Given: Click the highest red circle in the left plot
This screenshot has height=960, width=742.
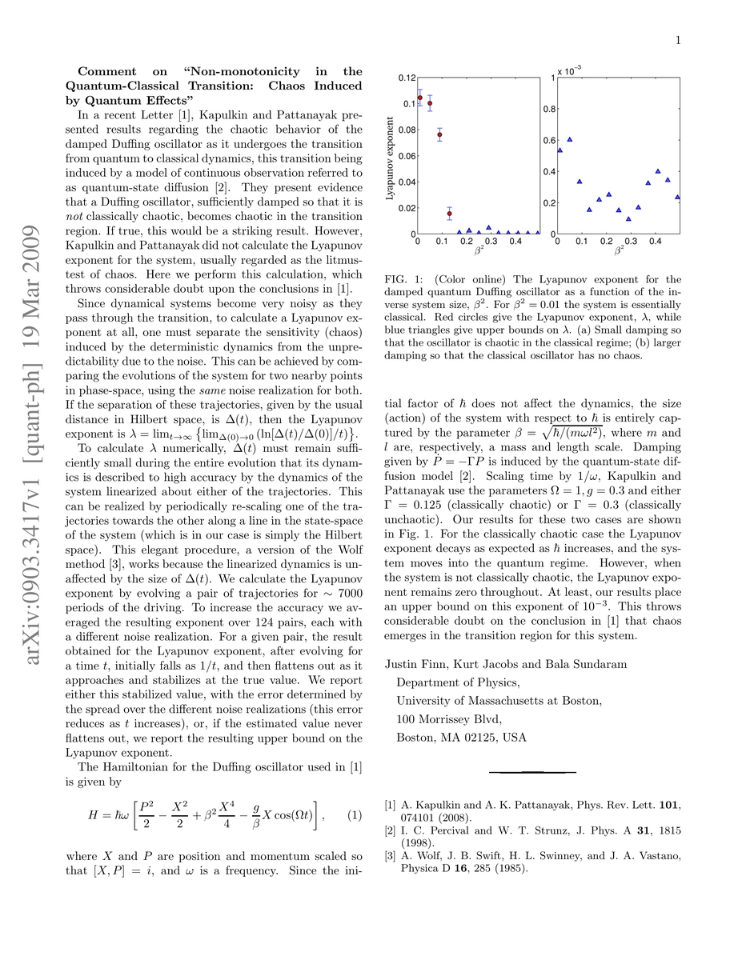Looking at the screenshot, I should [x=419, y=98].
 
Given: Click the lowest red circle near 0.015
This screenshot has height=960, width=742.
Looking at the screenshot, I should [x=449, y=214].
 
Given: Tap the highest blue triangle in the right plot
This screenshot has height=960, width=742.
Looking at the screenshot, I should [x=569, y=139].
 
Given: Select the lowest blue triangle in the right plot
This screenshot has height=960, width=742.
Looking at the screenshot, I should [x=628, y=218].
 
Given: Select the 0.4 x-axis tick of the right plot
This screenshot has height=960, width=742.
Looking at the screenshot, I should [x=655, y=241].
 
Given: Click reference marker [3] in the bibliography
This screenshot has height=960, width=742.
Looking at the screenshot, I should [x=390, y=856].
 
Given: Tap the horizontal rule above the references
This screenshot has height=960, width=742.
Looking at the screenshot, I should [x=532, y=773].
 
